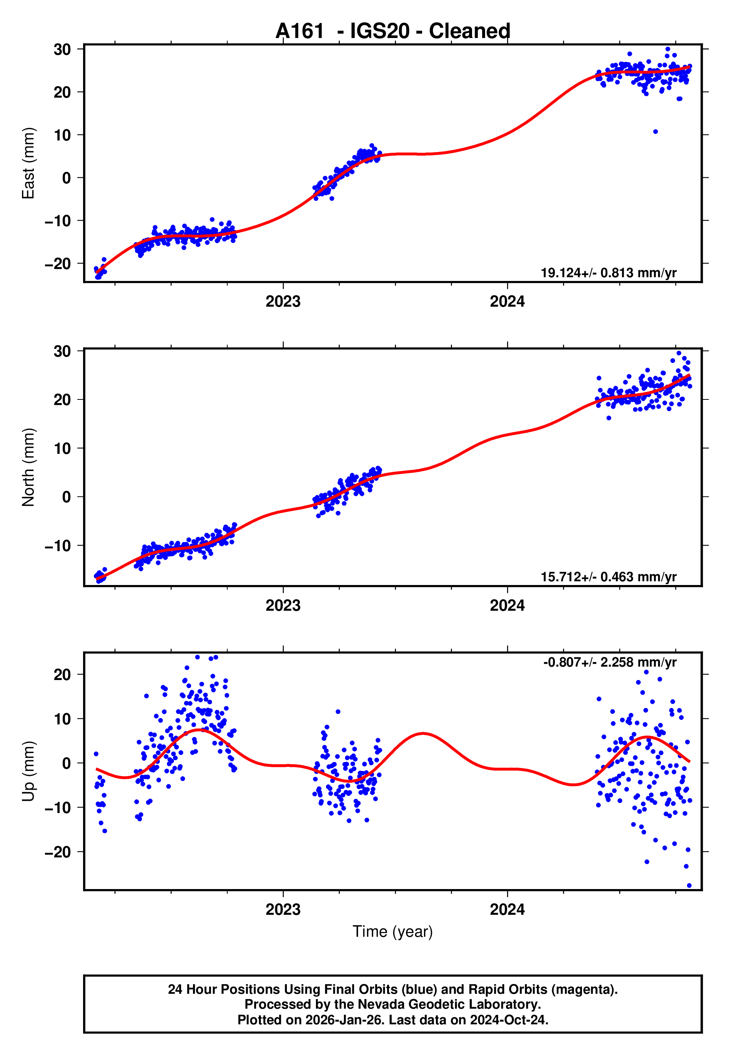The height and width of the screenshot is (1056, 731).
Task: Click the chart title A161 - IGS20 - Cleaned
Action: (393, 31)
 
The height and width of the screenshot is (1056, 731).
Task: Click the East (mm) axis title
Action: (28, 163)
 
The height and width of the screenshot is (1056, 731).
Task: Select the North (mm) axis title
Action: (28, 467)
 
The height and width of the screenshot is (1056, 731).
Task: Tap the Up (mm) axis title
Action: (28, 771)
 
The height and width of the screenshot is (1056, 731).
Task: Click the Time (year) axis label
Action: (393, 932)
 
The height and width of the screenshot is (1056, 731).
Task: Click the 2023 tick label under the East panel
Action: (283, 302)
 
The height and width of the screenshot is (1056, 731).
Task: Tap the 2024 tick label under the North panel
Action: (507, 606)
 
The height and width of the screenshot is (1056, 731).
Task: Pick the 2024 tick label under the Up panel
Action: (507, 910)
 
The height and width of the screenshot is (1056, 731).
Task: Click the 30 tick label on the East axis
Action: (62, 50)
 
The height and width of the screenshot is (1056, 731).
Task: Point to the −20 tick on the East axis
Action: (58, 264)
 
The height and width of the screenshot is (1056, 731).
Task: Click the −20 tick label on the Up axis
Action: (58, 852)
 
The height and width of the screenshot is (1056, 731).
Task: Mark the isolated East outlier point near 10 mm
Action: (655, 132)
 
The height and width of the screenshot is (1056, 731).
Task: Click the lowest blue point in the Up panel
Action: (689, 886)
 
